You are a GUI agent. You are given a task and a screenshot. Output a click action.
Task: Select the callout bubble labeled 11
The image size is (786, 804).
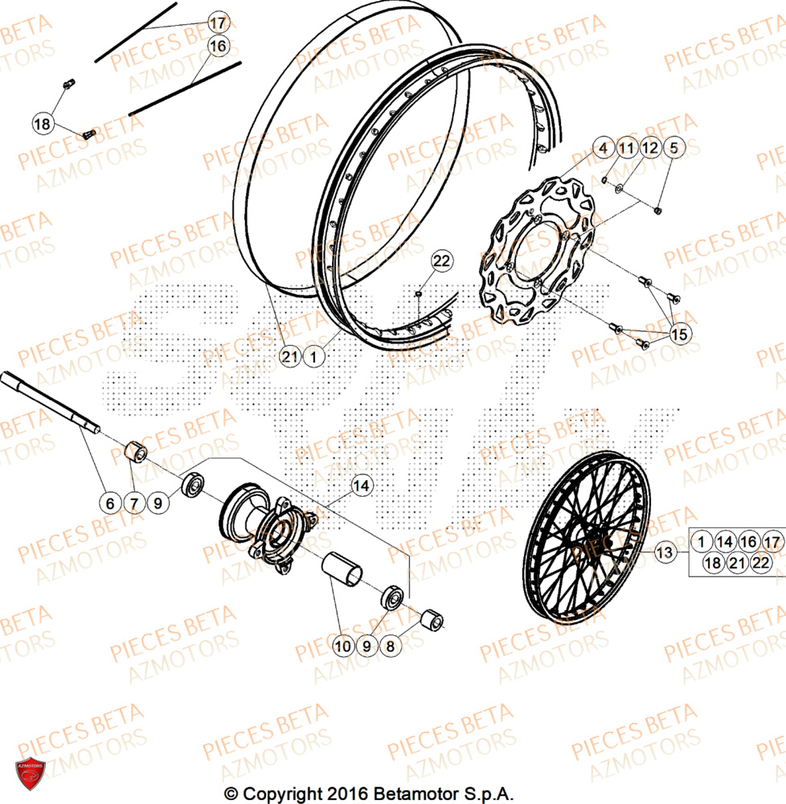(x=627, y=148)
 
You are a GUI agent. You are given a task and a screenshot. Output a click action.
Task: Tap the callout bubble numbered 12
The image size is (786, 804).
(x=650, y=148)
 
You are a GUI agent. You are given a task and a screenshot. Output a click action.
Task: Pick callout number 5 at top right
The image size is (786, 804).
(x=673, y=148)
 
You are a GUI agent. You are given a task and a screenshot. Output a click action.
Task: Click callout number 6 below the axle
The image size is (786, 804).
(x=111, y=504)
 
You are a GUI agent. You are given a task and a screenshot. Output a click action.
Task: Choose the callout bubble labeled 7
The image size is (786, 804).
(x=134, y=504)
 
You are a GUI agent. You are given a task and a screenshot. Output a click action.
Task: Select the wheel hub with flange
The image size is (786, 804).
(x=269, y=527)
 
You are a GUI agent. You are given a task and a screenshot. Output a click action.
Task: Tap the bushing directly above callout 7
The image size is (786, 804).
(x=137, y=453)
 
